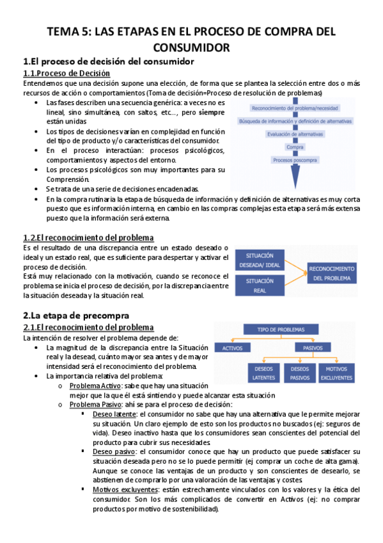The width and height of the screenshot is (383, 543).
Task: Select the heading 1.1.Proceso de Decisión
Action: click(x=66, y=74)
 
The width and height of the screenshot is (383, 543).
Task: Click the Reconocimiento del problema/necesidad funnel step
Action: click(x=295, y=108)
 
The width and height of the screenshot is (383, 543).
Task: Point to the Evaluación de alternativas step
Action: click(x=295, y=134)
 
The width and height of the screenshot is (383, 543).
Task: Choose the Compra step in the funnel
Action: click(x=295, y=147)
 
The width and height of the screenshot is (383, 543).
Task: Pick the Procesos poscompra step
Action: click(x=295, y=160)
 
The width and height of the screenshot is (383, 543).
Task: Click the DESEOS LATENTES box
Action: click(x=263, y=374)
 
